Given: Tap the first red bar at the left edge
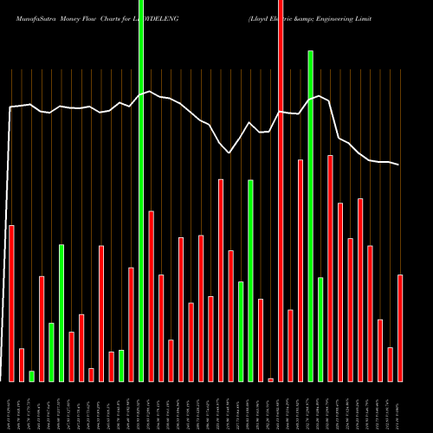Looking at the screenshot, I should pyautogui.click(x=11, y=303).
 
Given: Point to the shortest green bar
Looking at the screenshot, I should pyautogui.click(x=31, y=376).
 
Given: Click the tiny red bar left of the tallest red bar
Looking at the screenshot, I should pyautogui.click(x=270, y=379).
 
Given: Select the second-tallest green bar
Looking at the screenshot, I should pyautogui.click(x=310, y=216).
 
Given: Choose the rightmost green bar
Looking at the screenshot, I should pyautogui.click(x=320, y=329).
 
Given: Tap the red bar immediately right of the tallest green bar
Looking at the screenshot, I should pyautogui.click(x=152, y=295).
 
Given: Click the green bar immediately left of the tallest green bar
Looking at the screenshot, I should pyautogui.click(x=121, y=365).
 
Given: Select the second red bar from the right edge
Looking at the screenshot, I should pyautogui.click(x=390, y=364).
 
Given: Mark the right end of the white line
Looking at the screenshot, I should pyautogui.click(x=399, y=165).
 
